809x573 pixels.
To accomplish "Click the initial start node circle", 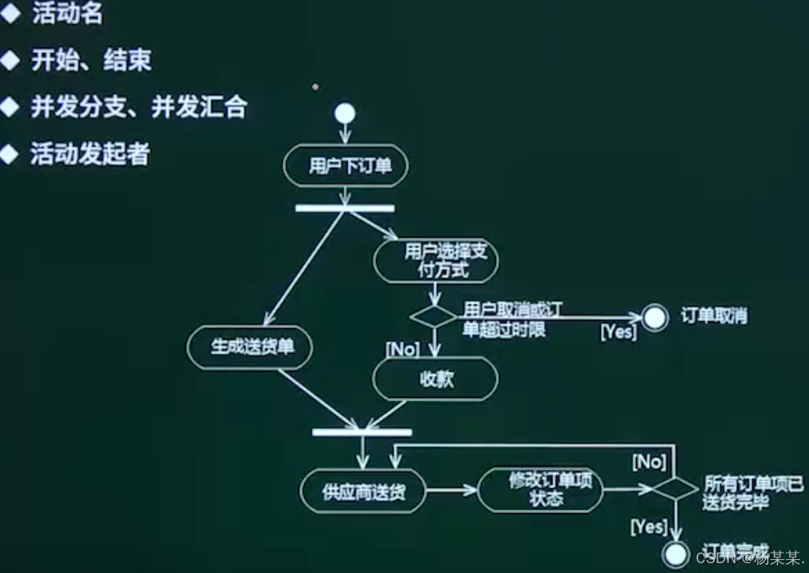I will click(x=345, y=114).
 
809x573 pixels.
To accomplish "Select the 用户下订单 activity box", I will click(x=345, y=167).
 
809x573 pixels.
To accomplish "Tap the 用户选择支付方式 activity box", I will click(x=435, y=260).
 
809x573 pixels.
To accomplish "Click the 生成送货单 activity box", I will click(x=251, y=347).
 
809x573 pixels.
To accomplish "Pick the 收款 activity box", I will click(x=435, y=380).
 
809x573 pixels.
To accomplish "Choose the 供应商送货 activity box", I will click(x=363, y=491).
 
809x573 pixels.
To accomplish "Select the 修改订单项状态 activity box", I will click(x=540, y=491).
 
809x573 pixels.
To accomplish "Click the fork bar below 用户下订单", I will click(x=345, y=208).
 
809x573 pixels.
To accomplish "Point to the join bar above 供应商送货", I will click(x=362, y=432).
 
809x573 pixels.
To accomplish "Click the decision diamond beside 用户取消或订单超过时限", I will click(x=435, y=316).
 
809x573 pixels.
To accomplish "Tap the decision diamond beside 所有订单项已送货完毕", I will click(x=674, y=490).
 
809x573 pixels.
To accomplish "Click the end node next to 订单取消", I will click(x=655, y=317).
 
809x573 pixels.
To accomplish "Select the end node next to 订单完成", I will click(x=675, y=554).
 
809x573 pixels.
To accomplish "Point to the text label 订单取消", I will click(x=714, y=316).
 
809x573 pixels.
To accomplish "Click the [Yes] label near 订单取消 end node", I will click(x=619, y=332).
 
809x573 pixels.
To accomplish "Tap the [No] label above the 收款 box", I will click(x=402, y=350).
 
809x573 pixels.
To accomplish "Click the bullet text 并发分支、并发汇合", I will click(x=138, y=107).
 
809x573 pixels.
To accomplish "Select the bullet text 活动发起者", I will click(x=90, y=154).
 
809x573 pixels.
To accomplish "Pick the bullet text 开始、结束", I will click(x=91, y=61).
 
